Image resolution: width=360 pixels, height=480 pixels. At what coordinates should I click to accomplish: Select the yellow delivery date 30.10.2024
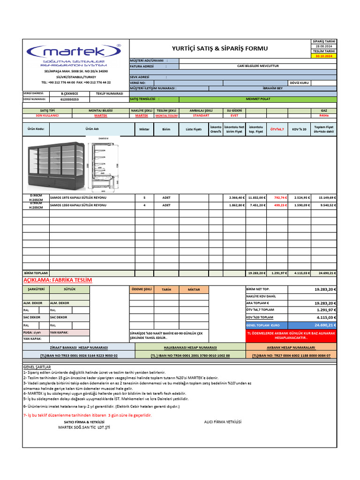(x=324, y=56)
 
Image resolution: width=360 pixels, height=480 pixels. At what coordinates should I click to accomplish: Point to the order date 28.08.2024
(x=324, y=46)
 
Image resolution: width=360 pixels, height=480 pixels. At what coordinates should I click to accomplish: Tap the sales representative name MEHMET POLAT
(x=258, y=99)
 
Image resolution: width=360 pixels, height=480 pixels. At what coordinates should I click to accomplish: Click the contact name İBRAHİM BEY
(x=273, y=88)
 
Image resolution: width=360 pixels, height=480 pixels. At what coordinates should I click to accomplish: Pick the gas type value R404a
(x=324, y=115)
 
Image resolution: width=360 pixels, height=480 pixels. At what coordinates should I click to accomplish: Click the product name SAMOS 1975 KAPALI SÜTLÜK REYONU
(x=78, y=197)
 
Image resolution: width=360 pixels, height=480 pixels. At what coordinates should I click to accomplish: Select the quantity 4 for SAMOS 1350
(x=144, y=205)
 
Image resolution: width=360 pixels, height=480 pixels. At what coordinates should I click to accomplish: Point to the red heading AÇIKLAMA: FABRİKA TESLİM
(x=58, y=280)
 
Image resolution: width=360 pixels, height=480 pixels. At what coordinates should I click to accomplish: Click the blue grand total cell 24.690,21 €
(x=324, y=325)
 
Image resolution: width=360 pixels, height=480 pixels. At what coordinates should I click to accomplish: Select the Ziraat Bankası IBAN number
(x=79, y=356)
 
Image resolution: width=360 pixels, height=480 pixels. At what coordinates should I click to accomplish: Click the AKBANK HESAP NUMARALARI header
(x=291, y=348)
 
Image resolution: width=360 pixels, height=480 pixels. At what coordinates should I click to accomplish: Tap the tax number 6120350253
(x=69, y=99)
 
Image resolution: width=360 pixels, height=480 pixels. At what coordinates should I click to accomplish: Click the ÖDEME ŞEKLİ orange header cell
(x=141, y=289)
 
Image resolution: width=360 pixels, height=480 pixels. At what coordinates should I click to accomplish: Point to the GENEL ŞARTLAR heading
(x=37, y=367)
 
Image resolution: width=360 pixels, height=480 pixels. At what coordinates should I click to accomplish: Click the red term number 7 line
(x=87, y=415)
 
